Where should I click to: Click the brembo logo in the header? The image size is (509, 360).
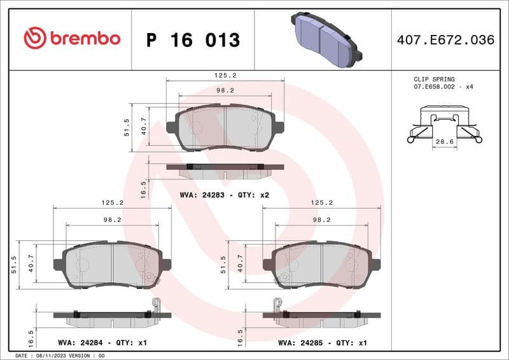click(72, 38)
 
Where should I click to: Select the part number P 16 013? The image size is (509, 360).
click(193, 40)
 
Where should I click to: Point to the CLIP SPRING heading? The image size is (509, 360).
click(434, 79)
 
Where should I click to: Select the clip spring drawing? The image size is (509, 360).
click(444, 124)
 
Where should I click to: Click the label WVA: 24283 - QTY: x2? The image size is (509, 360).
click(225, 195)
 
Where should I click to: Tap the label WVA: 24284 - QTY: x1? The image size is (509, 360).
click(102, 343)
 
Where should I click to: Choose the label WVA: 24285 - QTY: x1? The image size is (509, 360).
click(323, 343)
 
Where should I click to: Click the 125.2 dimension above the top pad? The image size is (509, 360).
click(224, 74)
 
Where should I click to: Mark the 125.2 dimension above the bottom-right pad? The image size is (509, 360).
click(322, 203)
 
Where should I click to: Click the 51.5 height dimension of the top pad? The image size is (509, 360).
click(127, 127)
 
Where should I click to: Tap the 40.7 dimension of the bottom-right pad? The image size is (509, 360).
click(241, 263)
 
